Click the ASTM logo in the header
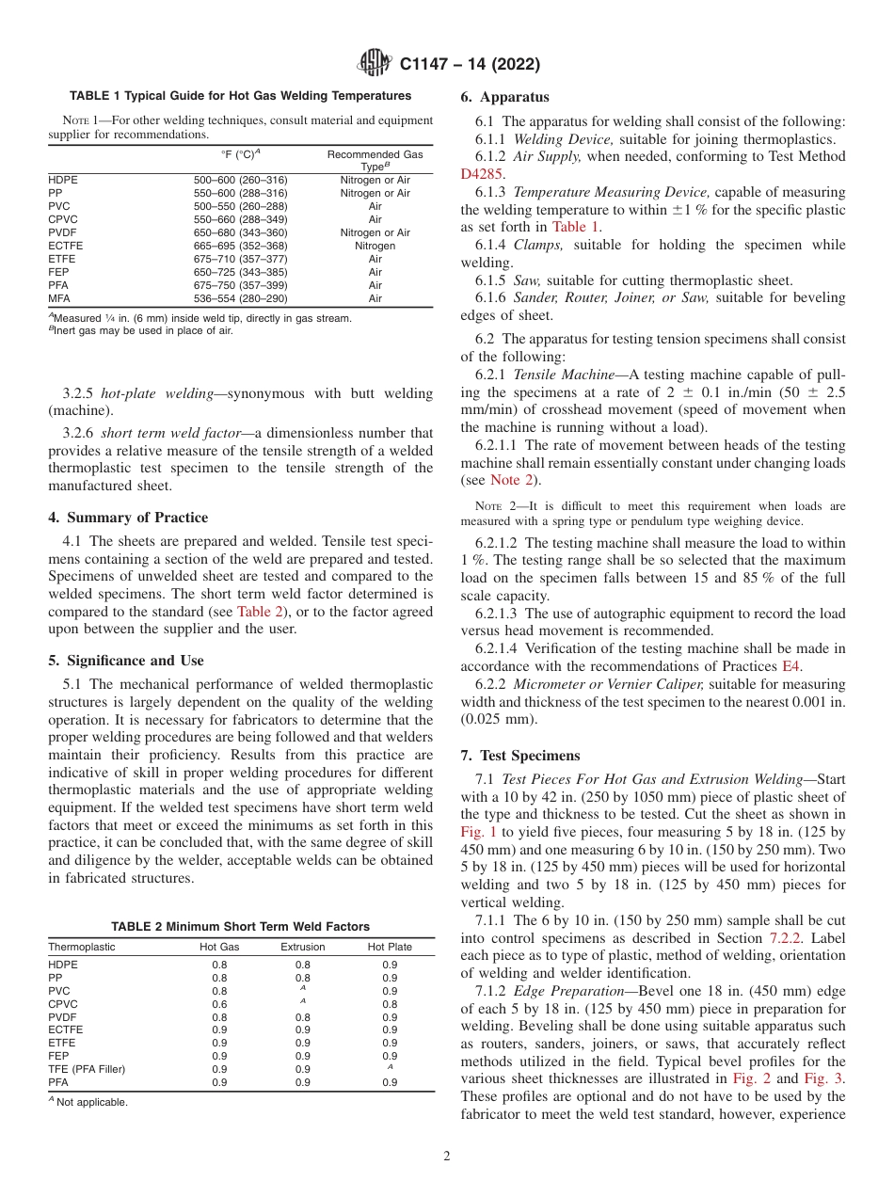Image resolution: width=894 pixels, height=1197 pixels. tap(375, 64)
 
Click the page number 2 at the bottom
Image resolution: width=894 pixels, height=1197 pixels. tap(447, 1156)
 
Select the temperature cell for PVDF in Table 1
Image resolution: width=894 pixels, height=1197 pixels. tap(240, 232)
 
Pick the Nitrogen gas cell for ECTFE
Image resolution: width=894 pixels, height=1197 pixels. tap(375, 246)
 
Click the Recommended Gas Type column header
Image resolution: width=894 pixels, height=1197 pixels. tap(375, 159)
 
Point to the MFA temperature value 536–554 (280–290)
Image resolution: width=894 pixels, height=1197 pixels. tap(240, 298)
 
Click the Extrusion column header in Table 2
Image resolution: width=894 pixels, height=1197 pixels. tap(302, 947)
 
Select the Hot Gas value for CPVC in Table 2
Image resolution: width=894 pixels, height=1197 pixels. tap(219, 1003)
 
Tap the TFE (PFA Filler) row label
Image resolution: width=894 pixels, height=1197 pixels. tap(87, 1069)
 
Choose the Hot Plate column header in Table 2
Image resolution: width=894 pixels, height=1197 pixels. tap(390, 947)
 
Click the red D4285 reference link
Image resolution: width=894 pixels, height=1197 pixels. tap(483, 174)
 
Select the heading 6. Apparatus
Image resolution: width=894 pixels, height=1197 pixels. tap(504, 97)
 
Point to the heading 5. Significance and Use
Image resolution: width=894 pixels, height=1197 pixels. tap(126, 661)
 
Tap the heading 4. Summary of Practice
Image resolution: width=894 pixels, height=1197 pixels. tap(128, 518)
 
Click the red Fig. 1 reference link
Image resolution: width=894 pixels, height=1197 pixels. tap(478, 831)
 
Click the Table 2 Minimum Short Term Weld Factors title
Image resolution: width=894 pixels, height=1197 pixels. tap(240, 927)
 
